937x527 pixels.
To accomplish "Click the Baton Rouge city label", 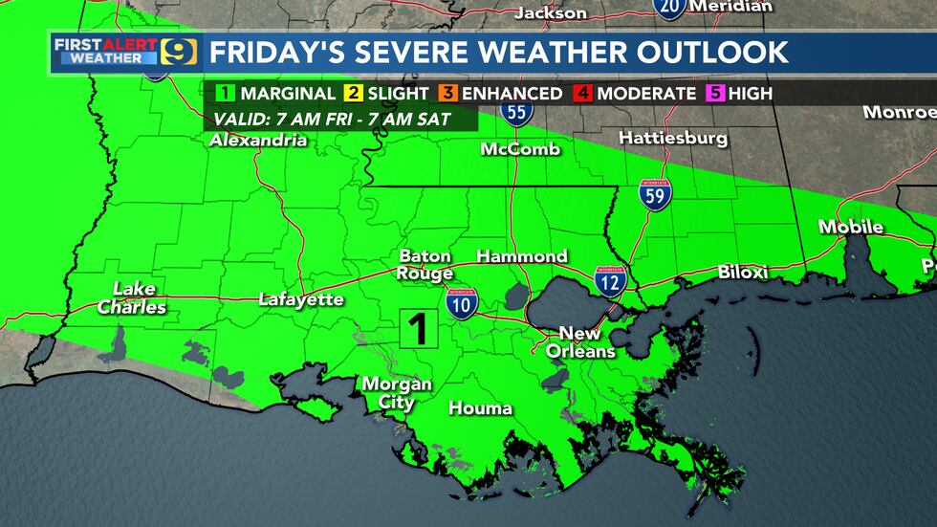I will point(425,265).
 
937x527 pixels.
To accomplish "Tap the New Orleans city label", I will point(580,342).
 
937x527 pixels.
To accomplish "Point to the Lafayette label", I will point(301,299).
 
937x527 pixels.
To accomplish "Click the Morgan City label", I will point(396,393).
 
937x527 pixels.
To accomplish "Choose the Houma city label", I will point(481,408).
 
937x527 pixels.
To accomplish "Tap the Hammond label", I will point(522,256).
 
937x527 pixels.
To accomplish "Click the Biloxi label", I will point(742,273).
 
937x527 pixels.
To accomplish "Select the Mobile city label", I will point(850,228).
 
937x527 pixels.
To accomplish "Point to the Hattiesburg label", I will point(673,139).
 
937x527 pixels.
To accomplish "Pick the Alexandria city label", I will point(259,141).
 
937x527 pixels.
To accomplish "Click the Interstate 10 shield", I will point(458,303).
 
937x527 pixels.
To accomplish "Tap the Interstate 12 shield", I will point(610,281).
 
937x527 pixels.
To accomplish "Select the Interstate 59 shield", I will point(655,193).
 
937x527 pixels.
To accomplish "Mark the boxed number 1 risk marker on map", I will point(418,329).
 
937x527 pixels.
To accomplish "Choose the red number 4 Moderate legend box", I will point(581,93).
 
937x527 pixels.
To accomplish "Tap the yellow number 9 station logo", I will point(179,51).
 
